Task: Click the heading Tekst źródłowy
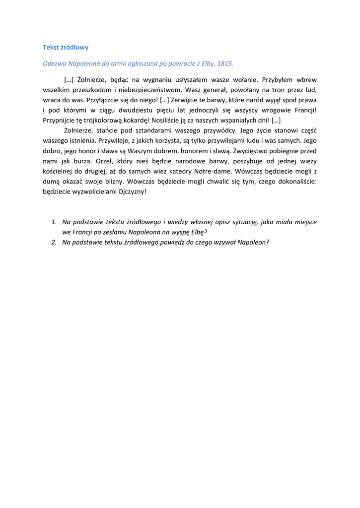pyautogui.click(x=66, y=48)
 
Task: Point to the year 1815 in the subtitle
pyautogui.click(x=225, y=63)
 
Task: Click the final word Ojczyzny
pyautogui.click(x=133, y=191)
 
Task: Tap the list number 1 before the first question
pyautogui.click(x=54, y=222)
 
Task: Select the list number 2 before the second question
pyautogui.click(x=54, y=242)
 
